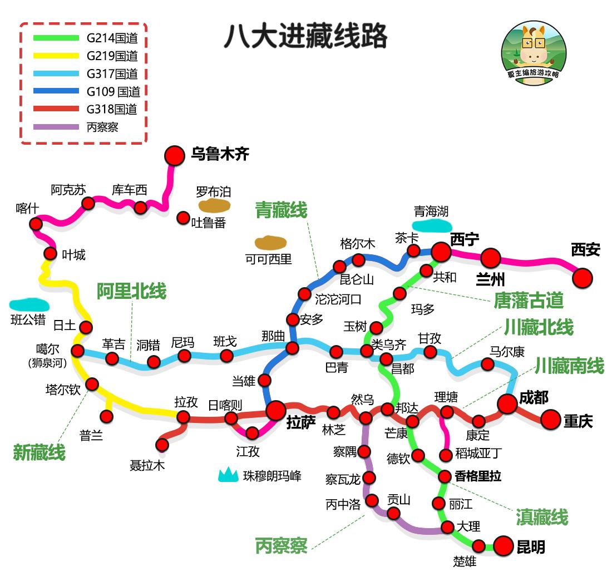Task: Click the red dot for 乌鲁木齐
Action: pos(175,156)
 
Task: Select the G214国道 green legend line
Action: pos(56,38)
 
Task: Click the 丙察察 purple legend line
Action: pos(56,127)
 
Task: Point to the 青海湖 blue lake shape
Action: pos(431,225)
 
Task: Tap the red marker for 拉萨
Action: pos(275,411)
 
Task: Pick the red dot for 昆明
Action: pos(503,546)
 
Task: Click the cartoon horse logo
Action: pos(534,54)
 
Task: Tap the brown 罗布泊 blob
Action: pos(215,206)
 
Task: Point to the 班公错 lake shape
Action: pos(29,304)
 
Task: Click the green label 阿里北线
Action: pos(131,291)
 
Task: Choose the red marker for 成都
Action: pos(507,404)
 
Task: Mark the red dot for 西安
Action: pos(583,277)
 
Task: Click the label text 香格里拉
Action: pos(478,476)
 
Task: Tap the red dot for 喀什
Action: pos(36,224)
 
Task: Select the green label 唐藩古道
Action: pos(528,301)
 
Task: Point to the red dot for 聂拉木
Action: pos(162,445)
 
